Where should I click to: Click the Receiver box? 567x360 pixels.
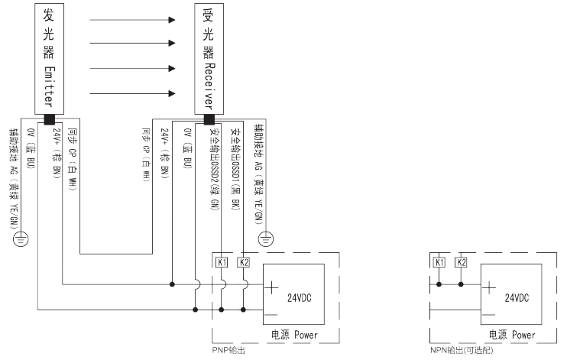(x=209, y=57)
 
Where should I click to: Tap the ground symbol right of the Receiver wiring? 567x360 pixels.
(x=266, y=239)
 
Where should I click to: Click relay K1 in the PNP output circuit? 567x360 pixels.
(x=222, y=262)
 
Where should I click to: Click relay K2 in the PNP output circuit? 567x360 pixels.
(x=244, y=262)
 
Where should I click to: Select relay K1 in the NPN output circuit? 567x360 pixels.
(x=439, y=262)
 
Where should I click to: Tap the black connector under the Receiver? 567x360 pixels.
(x=209, y=119)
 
